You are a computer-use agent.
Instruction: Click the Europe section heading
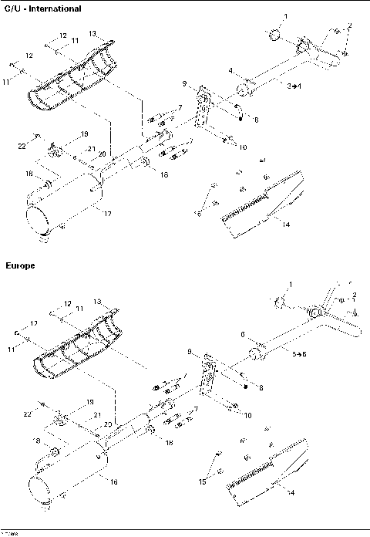20,265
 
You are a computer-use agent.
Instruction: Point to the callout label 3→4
294,88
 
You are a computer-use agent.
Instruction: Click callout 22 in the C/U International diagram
22,145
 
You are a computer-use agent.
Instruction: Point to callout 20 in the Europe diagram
109,424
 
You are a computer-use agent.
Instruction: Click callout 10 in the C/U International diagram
243,147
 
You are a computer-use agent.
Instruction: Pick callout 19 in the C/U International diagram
85,133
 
